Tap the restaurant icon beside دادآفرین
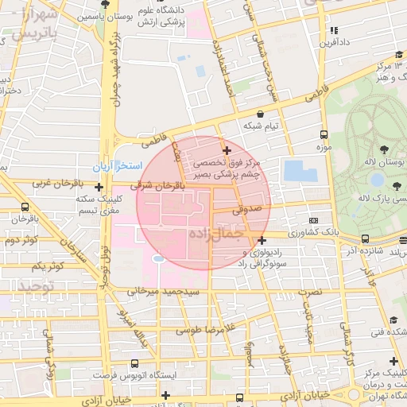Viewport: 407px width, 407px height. point(333,30)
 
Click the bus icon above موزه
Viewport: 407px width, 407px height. point(324,134)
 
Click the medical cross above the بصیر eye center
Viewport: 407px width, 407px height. point(227,149)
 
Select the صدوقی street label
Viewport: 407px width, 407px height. point(246,211)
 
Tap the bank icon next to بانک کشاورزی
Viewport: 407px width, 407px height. point(314,220)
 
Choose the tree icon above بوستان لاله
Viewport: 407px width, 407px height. point(385,149)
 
